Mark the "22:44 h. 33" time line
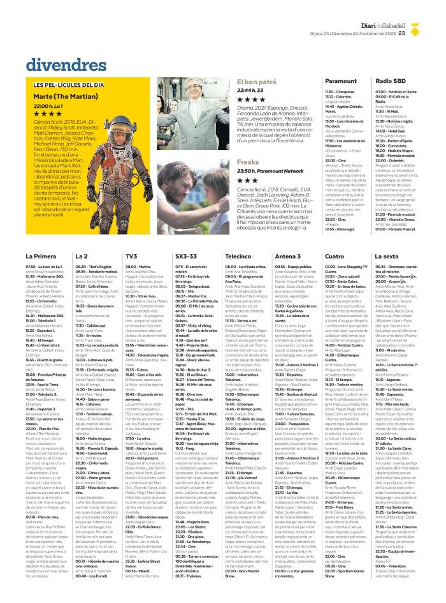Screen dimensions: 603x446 (x=250, y=91)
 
